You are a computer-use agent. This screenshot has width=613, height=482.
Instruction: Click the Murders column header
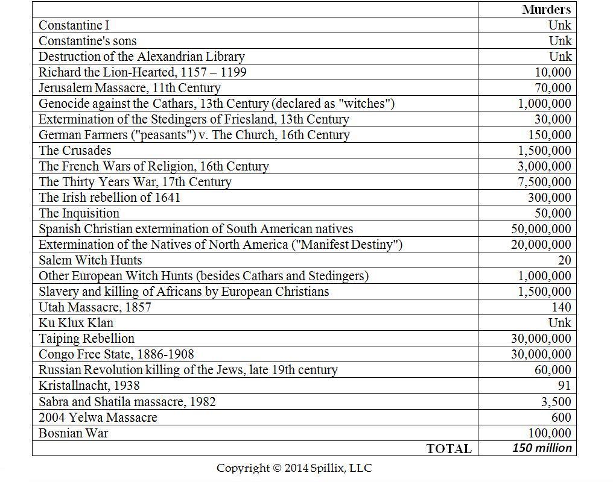546,9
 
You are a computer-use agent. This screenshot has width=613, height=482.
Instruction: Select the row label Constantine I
74,25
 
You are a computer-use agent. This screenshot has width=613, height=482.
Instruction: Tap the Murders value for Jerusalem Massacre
553,88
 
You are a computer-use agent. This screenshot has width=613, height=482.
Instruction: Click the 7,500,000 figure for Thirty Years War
544,182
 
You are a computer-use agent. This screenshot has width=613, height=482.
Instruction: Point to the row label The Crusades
75,151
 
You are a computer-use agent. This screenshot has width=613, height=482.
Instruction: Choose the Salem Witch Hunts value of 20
564,260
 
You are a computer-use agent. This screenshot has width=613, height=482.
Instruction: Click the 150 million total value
542,448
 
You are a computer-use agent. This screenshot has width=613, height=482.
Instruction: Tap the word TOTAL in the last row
449,449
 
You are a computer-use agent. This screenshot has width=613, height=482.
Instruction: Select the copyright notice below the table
294,468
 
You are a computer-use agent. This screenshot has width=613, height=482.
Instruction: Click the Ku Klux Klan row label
76,323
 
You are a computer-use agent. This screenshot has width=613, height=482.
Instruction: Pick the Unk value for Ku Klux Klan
560,323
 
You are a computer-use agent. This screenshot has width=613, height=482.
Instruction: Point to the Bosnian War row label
74,433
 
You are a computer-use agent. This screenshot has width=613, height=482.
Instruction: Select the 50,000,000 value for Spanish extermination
541,229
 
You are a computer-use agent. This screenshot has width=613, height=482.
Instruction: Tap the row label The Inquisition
79,213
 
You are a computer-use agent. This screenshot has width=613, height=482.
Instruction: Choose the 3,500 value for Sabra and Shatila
556,402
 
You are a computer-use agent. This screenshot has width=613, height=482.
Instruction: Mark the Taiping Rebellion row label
86,339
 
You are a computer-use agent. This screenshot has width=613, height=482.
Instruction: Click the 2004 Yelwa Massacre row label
98,418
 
